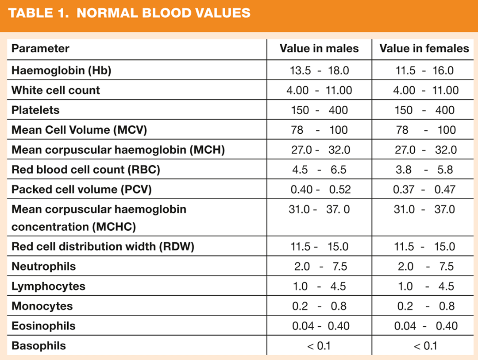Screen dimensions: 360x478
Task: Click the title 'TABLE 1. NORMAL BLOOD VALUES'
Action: pyautogui.click(x=129, y=13)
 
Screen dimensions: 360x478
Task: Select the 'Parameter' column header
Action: pyautogui.click(x=40, y=48)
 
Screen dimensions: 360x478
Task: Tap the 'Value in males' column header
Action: pyautogui.click(x=319, y=48)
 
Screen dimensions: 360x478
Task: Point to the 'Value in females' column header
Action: pyautogui.click(x=424, y=48)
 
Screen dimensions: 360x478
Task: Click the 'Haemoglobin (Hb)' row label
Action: pyautogui.click(x=61, y=70)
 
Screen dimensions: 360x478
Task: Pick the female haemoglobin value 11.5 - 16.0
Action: pyautogui.click(x=424, y=70)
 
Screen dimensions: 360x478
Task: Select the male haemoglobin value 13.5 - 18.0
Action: pyautogui.click(x=319, y=70)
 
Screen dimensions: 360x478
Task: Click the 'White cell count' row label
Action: pyautogui.click(x=56, y=90)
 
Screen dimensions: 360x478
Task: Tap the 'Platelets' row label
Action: pyautogui.click(x=35, y=110)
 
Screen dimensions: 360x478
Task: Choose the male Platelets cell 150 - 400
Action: pyautogui.click(x=319, y=110)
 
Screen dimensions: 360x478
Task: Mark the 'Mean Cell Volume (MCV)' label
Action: pyautogui.click(x=79, y=130)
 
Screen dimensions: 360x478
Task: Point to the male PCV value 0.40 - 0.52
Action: pyautogui.click(x=320, y=190)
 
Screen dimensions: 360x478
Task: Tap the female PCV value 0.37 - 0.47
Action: pyautogui.click(x=424, y=190)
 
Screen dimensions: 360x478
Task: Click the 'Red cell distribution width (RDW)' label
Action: pyautogui.click(x=103, y=247)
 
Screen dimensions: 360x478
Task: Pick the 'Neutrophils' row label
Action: pyautogui.click(x=43, y=267)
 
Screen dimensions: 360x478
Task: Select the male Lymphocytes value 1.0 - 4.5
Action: pyautogui.click(x=319, y=286)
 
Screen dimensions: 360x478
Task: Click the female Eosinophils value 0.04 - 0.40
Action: pyautogui.click(x=424, y=326)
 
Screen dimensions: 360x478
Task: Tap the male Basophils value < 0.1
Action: pyautogui.click(x=319, y=346)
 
